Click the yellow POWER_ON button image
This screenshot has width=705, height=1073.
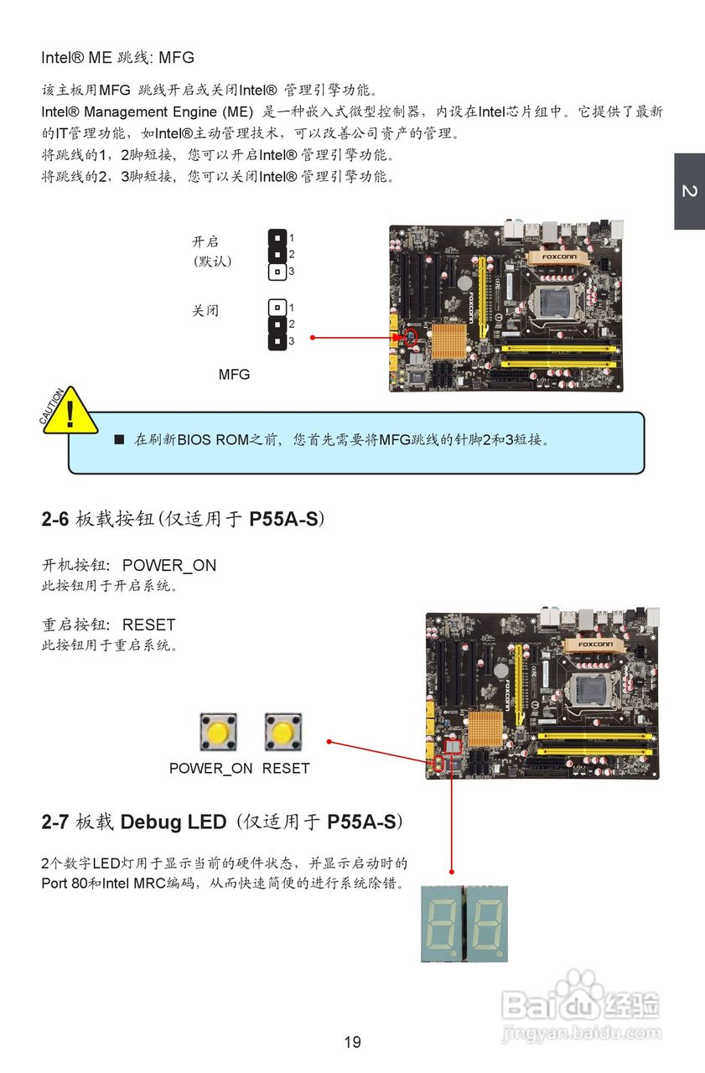coord(218,733)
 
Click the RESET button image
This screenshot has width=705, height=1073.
coord(283,733)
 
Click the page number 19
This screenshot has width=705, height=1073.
coord(352,1042)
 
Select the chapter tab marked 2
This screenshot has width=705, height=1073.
coord(689,192)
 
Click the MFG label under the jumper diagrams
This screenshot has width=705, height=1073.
coord(234,375)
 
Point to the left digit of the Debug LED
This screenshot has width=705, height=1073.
coord(443,922)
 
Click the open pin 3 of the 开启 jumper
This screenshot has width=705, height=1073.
coord(277,272)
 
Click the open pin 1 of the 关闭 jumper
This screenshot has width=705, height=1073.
coord(277,308)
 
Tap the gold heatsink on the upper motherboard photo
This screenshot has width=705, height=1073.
coord(449,343)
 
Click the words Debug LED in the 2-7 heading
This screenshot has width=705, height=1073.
coord(173,822)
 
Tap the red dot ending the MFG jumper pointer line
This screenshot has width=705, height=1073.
coord(312,338)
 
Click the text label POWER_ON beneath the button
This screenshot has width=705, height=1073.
coord(210,769)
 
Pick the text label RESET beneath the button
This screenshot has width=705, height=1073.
coord(286,769)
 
